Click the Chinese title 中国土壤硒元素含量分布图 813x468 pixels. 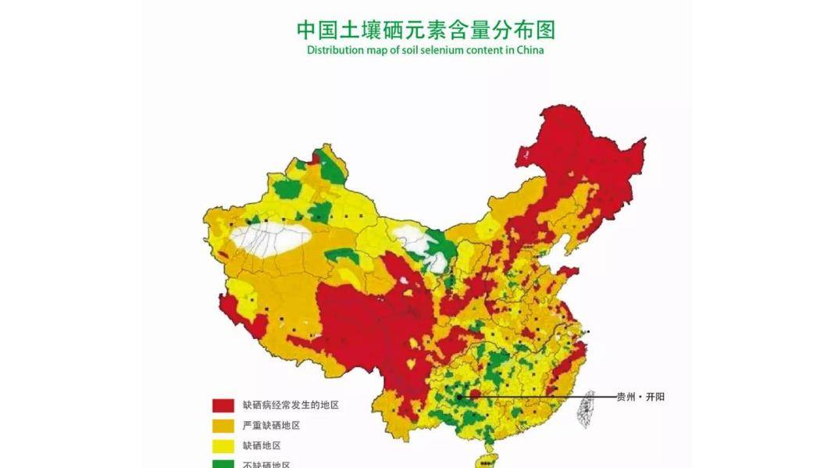click(426, 30)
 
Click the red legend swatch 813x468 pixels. click(223, 405)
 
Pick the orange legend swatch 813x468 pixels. click(223, 426)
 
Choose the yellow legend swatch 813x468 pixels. click(223, 446)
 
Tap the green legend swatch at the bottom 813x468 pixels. click(223, 464)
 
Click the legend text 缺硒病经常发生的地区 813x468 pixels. click(291, 405)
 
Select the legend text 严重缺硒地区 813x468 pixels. click(271, 426)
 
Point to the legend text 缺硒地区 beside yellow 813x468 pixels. click(262, 446)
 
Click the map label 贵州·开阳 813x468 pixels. click(640, 397)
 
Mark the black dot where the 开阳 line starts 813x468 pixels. click(459, 397)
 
